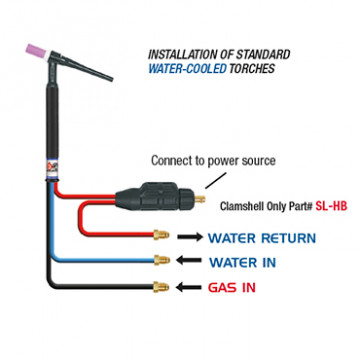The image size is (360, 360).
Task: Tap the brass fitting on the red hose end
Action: coord(159,239)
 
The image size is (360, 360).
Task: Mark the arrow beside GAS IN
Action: coord(188,287)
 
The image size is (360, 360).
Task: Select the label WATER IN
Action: coord(246,263)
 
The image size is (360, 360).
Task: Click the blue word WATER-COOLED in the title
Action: coord(191,70)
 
